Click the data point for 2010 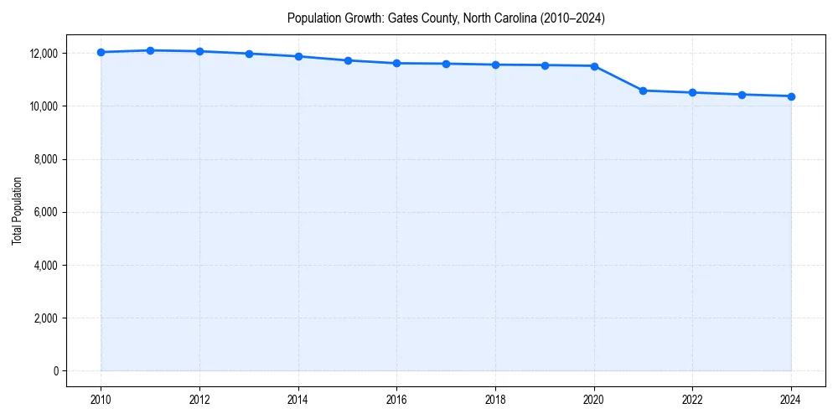point(101,52)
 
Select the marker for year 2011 point(150,50)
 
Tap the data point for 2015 point(348,60)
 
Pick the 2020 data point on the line point(594,66)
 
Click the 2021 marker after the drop point(644,91)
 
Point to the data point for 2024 point(791,96)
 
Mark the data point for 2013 point(249,54)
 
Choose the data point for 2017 point(446,64)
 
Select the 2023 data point point(742,95)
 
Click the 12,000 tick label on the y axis point(42,53)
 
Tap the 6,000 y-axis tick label point(44,212)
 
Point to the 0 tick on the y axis point(55,371)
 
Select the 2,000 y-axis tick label point(44,318)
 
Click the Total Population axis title point(17,212)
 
